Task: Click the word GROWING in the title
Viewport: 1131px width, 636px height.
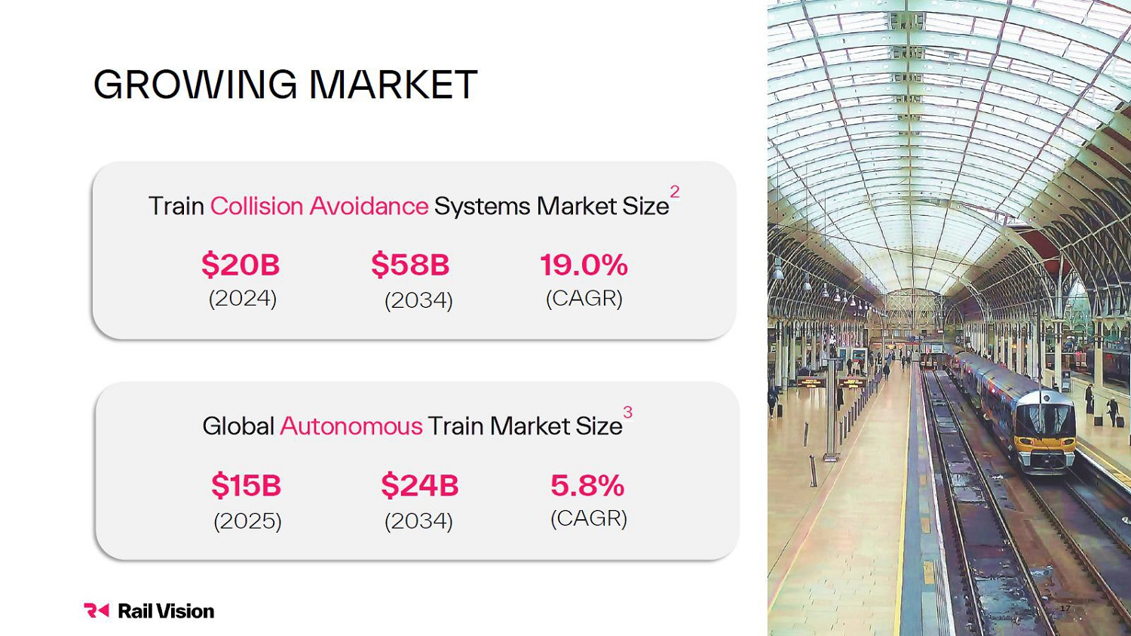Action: [x=195, y=84]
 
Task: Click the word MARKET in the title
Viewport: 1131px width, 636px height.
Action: [x=394, y=84]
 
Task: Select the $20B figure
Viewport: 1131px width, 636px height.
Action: [x=241, y=265]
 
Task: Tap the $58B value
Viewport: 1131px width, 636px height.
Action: [x=410, y=265]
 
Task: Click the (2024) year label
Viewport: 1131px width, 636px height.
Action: [x=243, y=299]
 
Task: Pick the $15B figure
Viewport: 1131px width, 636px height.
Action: [x=246, y=485]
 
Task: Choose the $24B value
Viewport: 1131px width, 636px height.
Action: [x=419, y=485]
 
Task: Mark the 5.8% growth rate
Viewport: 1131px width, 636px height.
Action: [x=587, y=485]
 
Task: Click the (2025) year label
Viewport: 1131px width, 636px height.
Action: [x=248, y=521]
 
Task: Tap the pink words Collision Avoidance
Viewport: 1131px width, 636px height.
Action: [x=319, y=206]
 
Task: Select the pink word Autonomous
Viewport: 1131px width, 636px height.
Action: [x=351, y=426]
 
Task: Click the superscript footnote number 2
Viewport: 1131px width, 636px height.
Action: [x=675, y=192]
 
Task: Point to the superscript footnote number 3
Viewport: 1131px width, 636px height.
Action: [x=627, y=412]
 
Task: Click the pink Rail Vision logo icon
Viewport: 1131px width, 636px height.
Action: [x=97, y=610]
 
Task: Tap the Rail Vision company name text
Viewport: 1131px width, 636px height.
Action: [x=166, y=611]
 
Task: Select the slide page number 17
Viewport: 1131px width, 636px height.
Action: [x=1065, y=609]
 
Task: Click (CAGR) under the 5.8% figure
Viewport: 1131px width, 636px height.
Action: [x=589, y=519]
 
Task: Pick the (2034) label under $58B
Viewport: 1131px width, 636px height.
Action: [x=418, y=301]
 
